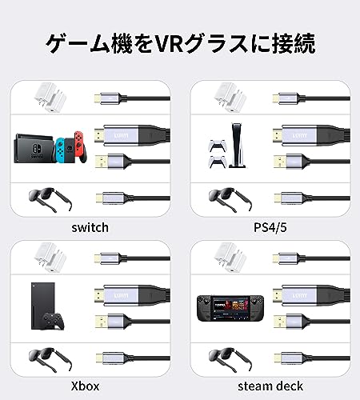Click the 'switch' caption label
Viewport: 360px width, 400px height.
(x=90, y=227)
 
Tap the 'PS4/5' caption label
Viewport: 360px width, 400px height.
(x=270, y=227)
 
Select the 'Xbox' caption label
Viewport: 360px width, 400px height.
(x=85, y=386)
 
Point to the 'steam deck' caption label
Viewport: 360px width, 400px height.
(x=270, y=386)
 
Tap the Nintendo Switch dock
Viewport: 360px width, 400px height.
(x=34, y=148)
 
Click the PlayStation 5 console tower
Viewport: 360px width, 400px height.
(x=237, y=146)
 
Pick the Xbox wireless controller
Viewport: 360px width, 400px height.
(x=54, y=321)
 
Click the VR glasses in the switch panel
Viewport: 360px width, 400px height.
(x=50, y=199)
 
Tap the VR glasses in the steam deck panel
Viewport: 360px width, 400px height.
(x=230, y=359)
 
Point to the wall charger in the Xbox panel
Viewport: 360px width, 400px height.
(x=50, y=258)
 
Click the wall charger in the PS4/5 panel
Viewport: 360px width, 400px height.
(x=230, y=98)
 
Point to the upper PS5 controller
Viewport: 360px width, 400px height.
(x=216, y=146)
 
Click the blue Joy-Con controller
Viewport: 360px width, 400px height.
(x=60, y=150)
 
